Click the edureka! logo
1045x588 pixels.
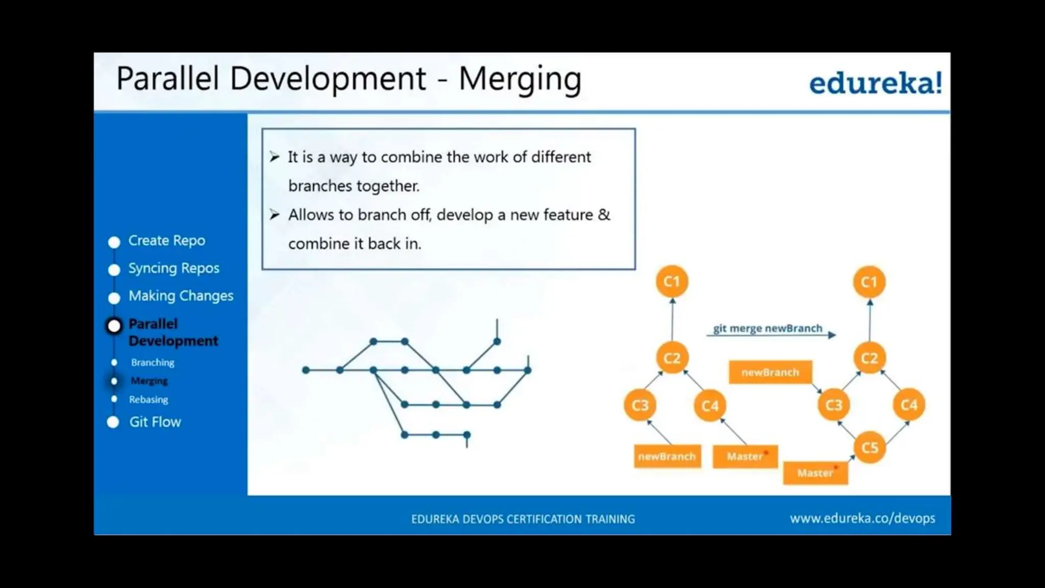[x=875, y=83]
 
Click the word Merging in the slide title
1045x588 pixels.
[x=519, y=79]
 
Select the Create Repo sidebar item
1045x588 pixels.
[x=166, y=240]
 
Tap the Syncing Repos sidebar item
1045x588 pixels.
[x=173, y=268]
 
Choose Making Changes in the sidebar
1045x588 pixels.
[x=181, y=296]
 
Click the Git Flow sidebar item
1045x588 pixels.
[x=155, y=422]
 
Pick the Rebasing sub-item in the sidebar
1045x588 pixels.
[x=148, y=399]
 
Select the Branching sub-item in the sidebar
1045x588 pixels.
[x=153, y=362]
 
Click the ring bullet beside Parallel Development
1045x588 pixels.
[x=114, y=326]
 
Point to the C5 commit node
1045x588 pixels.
[x=869, y=448]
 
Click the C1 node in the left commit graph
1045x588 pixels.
[x=671, y=281]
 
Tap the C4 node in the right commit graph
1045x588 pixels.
[x=909, y=405]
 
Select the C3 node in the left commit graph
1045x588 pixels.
[x=640, y=405]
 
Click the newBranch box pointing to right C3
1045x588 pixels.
[x=770, y=372]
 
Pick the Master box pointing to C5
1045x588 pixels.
[x=815, y=473]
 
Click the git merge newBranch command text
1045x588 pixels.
[x=767, y=328]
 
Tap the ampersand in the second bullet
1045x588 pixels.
[x=604, y=214]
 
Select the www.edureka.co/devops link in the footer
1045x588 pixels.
[x=862, y=519]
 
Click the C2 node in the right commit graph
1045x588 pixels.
[x=869, y=358]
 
